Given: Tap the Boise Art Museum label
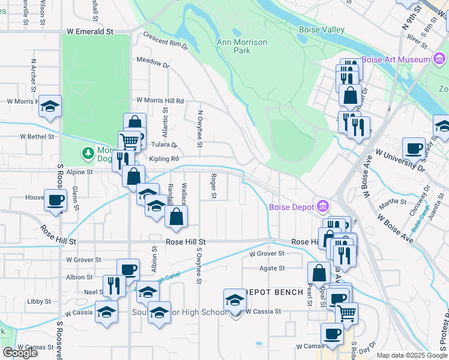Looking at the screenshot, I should (396, 59).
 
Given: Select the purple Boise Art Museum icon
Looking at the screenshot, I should (439, 59).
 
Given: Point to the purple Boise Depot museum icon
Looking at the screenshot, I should (323, 207).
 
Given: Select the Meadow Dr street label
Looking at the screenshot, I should (152, 62).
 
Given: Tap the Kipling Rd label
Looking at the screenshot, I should (164, 159).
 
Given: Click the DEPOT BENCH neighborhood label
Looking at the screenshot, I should (274, 292).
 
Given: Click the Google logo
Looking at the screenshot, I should (20, 353).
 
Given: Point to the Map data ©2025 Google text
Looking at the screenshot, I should (412, 355).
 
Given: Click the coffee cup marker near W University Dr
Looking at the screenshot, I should (413, 148).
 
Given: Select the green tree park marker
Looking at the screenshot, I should (89, 154).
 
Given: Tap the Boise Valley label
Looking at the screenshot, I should (322, 30).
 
